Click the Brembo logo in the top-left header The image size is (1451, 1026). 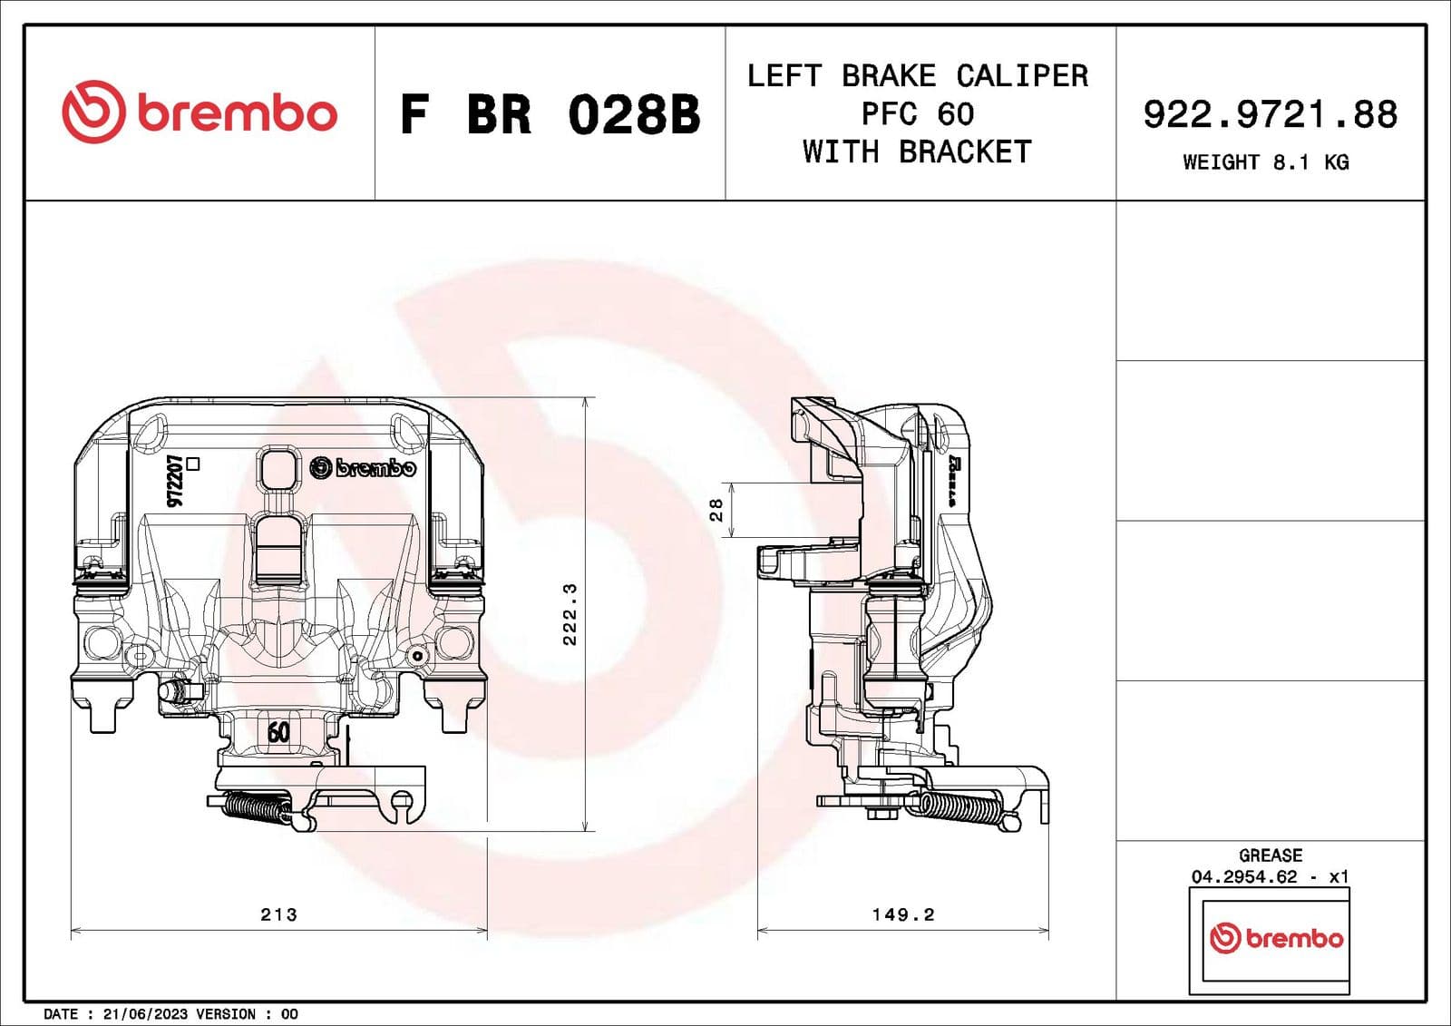pos(200,112)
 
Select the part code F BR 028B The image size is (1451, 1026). pos(550,115)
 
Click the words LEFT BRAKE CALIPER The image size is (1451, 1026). pos(918,75)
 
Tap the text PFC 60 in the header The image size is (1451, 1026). pos(918,114)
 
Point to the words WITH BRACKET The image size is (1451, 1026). pos(918,151)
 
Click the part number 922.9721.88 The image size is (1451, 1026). pos(1270,115)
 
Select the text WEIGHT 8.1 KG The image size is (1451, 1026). pos(1266,162)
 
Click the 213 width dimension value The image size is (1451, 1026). pos(278,914)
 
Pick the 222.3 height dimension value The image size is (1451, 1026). pos(570,614)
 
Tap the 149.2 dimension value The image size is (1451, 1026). pos(902,914)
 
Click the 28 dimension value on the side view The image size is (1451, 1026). pos(716,510)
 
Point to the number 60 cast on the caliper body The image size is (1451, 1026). pos(278,731)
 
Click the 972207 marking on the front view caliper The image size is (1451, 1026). pos(176,480)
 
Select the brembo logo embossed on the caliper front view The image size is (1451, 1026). pos(363,468)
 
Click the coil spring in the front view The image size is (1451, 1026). pos(257,806)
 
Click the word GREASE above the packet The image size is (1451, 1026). pos(1270,855)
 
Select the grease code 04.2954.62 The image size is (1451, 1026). pos(1244,876)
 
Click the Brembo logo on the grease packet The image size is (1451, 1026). pos(1276,938)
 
